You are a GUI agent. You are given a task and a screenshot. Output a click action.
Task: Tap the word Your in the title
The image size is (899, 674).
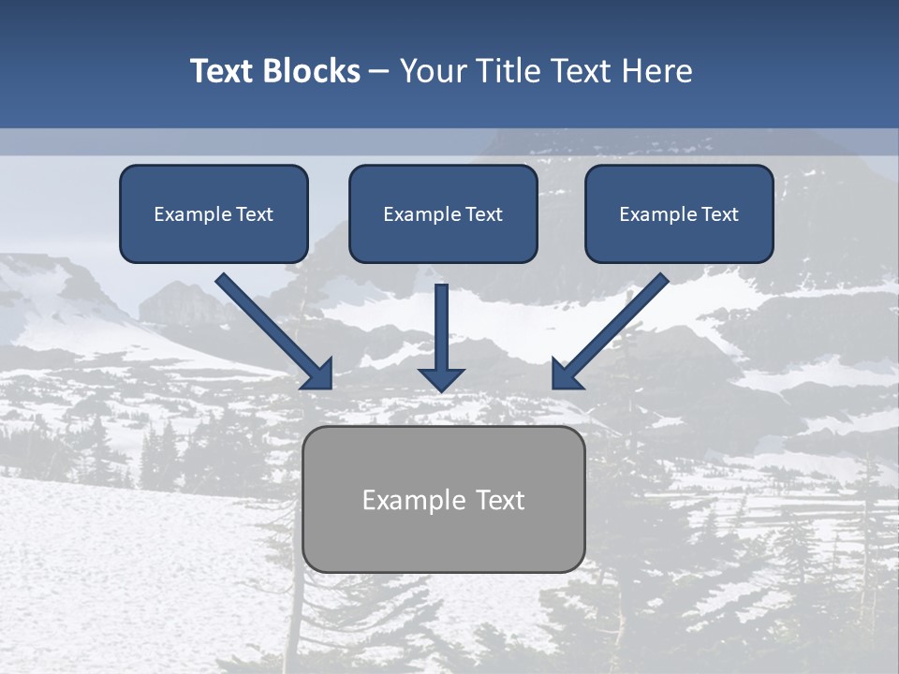click(x=433, y=71)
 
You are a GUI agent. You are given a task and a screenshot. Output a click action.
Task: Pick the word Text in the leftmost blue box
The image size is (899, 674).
click(x=255, y=214)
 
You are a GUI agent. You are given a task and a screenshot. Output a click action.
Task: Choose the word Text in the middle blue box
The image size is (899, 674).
click(x=484, y=214)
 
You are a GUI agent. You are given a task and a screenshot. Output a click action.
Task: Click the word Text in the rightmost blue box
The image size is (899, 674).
click(x=720, y=214)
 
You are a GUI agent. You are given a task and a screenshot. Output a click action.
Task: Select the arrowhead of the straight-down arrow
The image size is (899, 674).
click(x=441, y=379)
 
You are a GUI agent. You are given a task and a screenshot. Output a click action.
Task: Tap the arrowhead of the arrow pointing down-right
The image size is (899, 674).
click(x=320, y=376)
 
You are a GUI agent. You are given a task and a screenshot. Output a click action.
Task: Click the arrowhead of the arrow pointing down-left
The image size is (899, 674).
click(x=564, y=376)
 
